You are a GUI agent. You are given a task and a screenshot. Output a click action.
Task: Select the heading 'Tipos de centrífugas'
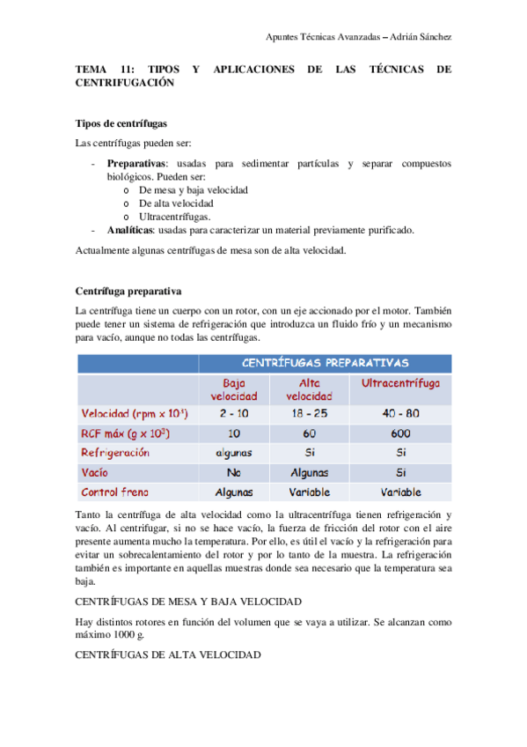pos(121,123)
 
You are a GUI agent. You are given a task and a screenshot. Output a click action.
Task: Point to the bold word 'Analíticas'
pos(130,229)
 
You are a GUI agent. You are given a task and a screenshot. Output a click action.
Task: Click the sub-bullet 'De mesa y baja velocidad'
pos(193,189)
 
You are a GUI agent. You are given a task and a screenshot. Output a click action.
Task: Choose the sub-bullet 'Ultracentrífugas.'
pos(174,216)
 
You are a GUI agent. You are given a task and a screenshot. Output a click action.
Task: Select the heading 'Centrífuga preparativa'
pos(128,291)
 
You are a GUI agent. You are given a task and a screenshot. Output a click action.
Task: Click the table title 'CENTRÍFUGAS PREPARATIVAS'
pos(325,362)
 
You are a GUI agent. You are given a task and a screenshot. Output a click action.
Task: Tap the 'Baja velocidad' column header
pos(233,389)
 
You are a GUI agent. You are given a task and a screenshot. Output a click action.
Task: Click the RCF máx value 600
pos(400,433)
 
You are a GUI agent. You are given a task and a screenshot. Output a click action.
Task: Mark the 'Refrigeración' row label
pos(115,453)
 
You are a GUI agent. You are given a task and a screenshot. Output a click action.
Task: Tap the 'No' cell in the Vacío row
pos(233,472)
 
